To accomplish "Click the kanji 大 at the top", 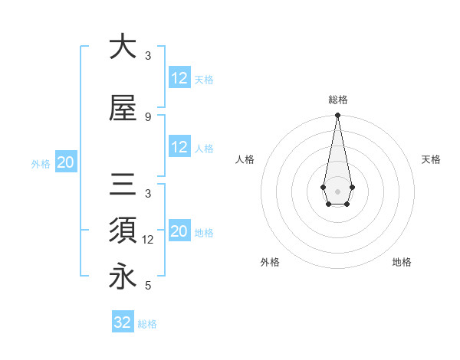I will [x=123, y=47].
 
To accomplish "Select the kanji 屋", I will [x=123, y=108].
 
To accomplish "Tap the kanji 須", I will [x=123, y=230].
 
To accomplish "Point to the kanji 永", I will [x=123, y=277].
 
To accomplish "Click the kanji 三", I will [x=123, y=185].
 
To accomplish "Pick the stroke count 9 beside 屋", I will [x=148, y=117].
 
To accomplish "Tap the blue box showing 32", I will [x=123, y=322].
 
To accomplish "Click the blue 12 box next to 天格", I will [x=179, y=78].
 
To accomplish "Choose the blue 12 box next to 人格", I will [x=179, y=148].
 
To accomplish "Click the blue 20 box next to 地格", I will [x=179, y=232].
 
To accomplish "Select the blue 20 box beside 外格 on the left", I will [x=66, y=162].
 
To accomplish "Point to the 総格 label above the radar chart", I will [x=337, y=100].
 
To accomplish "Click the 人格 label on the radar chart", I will [x=245, y=159].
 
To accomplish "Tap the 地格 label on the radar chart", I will [x=402, y=263].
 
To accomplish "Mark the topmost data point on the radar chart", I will [x=337, y=116].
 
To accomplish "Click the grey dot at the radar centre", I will [x=337, y=190].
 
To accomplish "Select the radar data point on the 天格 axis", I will [x=352, y=187].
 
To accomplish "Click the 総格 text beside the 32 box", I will [x=147, y=324].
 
